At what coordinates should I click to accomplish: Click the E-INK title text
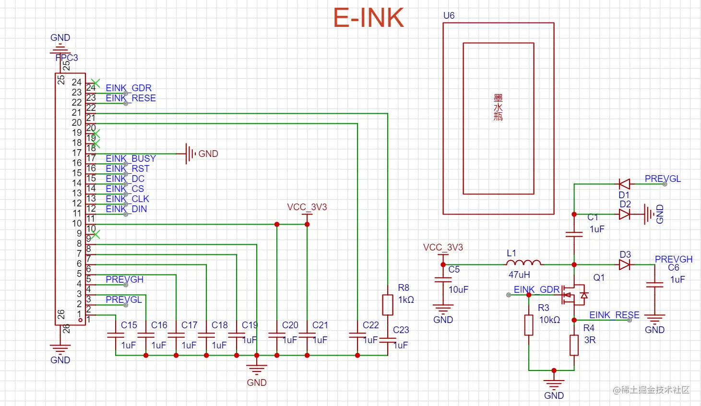click(x=368, y=18)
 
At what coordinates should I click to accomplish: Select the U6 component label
click(x=449, y=15)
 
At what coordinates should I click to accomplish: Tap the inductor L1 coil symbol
click(x=523, y=263)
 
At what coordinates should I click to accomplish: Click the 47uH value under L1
click(x=519, y=275)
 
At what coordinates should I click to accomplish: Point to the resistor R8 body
click(x=387, y=305)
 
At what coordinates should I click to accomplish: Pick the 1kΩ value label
click(x=406, y=300)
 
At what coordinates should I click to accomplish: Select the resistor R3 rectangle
click(x=529, y=325)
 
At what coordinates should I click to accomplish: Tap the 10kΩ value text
click(x=549, y=320)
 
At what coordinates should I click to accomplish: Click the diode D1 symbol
click(x=624, y=184)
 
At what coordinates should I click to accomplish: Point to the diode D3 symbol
click(x=624, y=264)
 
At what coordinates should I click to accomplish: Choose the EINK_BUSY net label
click(x=131, y=158)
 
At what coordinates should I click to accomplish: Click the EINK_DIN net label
click(x=126, y=209)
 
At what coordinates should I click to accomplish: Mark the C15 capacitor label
click(x=129, y=325)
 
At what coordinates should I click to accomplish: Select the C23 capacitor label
click(x=401, y=330)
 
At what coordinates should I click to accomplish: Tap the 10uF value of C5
click(x=458, y=289)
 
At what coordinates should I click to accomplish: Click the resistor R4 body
click(x=574, y=345)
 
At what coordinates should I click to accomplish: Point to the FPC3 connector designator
click(x=67, y=58)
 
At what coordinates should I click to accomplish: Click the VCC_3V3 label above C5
click(x=443, y=248)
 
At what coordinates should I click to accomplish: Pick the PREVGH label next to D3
click(x=673, y=259)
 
